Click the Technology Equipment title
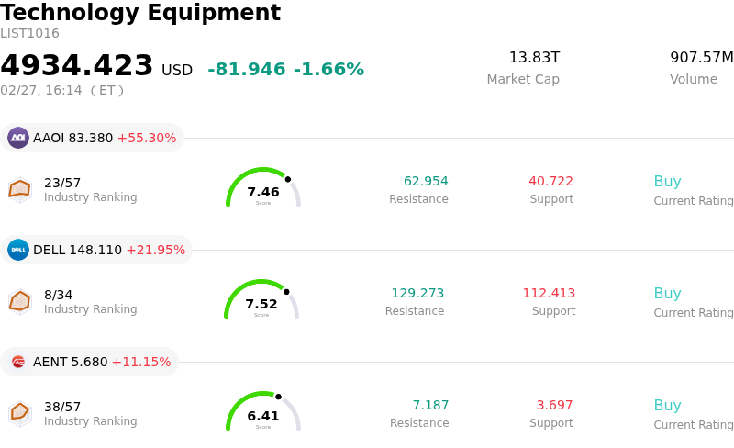pyautogui.click(x=140, y=13)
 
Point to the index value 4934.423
pyautogui.click(x=77, y=66)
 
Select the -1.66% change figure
pyautogui.click(x=328, y=70)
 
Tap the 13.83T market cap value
pyautogui.click(x=534, y=58)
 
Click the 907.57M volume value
pyautogui.click(x=701, y=58)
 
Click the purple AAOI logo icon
pyautogui.click(x=18, y=138)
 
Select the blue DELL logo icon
pyautogui.click(x=18, y=250)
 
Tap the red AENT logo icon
pyautogui.click(x=18, y=362)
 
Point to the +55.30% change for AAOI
pyautogui.click(x=147, y=139)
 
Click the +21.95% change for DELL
pyautogui.click(x=155, y=251)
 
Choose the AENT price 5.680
pyautogui.click(x=89, y=363)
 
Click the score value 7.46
pyautogui.click(x=263, y=193)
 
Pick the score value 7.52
pyautogui.click(x=261, y=305)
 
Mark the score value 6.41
pyautogui.click(x=263, y=417)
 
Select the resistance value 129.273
pyautogui.click(x=417, y=294)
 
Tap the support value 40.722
pyautogui.click(x=550, y=182)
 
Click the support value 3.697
pyautogui.click(x=554, y=406)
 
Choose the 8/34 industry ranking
pyautogui.click(x=58, y=295)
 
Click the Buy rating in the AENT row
pyautogui.click(x=667, y=406)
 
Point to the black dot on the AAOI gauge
pyautogui.click(x=288, y=179)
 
